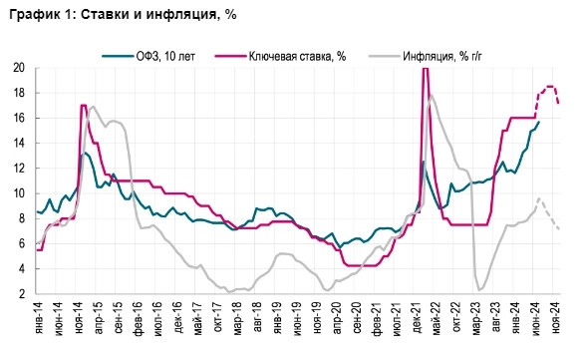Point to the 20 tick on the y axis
pyautogui.click(x=18, y=68)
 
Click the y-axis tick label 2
pyautogui.click(x=21, y=294)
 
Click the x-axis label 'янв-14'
pyautogui.click(x=37, y=317)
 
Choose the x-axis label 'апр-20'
pyautogui.click(x=338, y=317)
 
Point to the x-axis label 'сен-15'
pyautogui.click(x=118, y=317)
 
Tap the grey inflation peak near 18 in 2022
pyautogui.click(x=431, y=96)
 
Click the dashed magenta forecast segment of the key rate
pyautogui.click(x=549, y=88)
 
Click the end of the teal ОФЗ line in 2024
pyautogui.click(x=539, y=121)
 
